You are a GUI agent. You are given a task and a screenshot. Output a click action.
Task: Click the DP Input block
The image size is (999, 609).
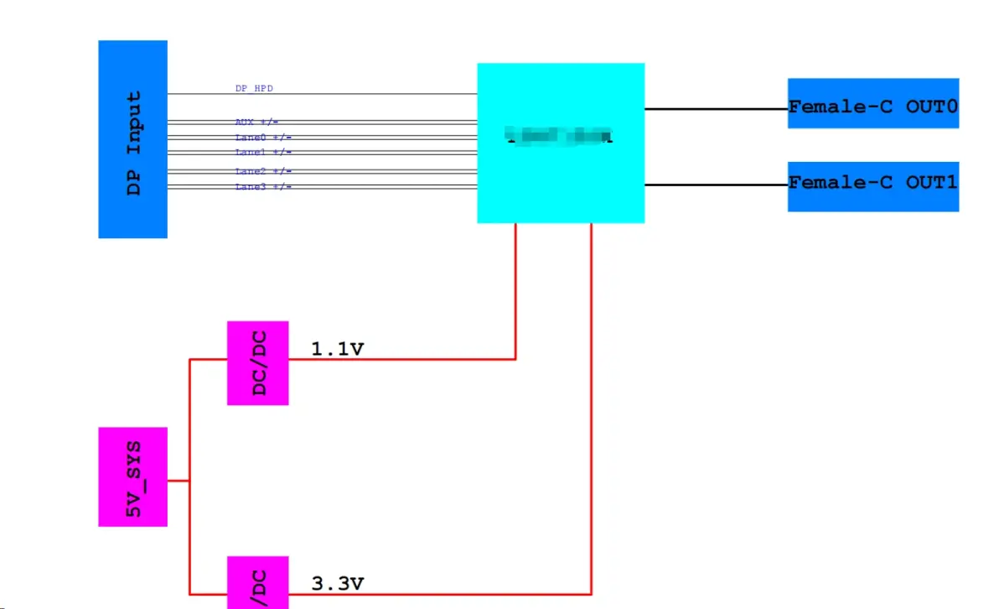(132, 139)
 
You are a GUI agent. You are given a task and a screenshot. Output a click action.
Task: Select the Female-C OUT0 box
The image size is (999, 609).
(872, 103)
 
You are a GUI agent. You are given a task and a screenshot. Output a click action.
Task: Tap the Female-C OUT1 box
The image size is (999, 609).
(872, 186)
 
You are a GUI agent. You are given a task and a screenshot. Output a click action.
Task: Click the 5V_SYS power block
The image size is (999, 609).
(132, 476)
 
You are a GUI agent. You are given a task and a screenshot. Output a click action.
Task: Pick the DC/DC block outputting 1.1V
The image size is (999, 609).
(258, 362)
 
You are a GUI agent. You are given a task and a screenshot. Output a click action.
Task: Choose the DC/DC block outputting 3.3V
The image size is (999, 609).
(258, 582)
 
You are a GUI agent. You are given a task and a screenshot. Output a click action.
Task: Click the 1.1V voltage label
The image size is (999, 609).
(337, 349)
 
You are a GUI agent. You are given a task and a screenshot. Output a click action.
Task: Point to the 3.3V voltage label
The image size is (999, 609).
(337, 582)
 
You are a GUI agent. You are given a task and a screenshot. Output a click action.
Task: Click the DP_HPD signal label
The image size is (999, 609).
(253, 88)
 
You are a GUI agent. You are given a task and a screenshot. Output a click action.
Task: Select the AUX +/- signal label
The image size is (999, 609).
(256, 122)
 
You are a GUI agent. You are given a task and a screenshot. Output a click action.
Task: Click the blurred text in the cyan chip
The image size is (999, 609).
(560, 135)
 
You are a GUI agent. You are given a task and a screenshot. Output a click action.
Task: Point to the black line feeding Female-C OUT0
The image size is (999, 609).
(716, 109)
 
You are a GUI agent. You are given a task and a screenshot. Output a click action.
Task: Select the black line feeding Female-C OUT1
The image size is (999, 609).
(716, 185)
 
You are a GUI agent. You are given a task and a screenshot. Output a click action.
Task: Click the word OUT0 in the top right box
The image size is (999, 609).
(931, 107)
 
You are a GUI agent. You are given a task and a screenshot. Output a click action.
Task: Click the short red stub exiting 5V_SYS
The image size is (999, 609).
(179, 481)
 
